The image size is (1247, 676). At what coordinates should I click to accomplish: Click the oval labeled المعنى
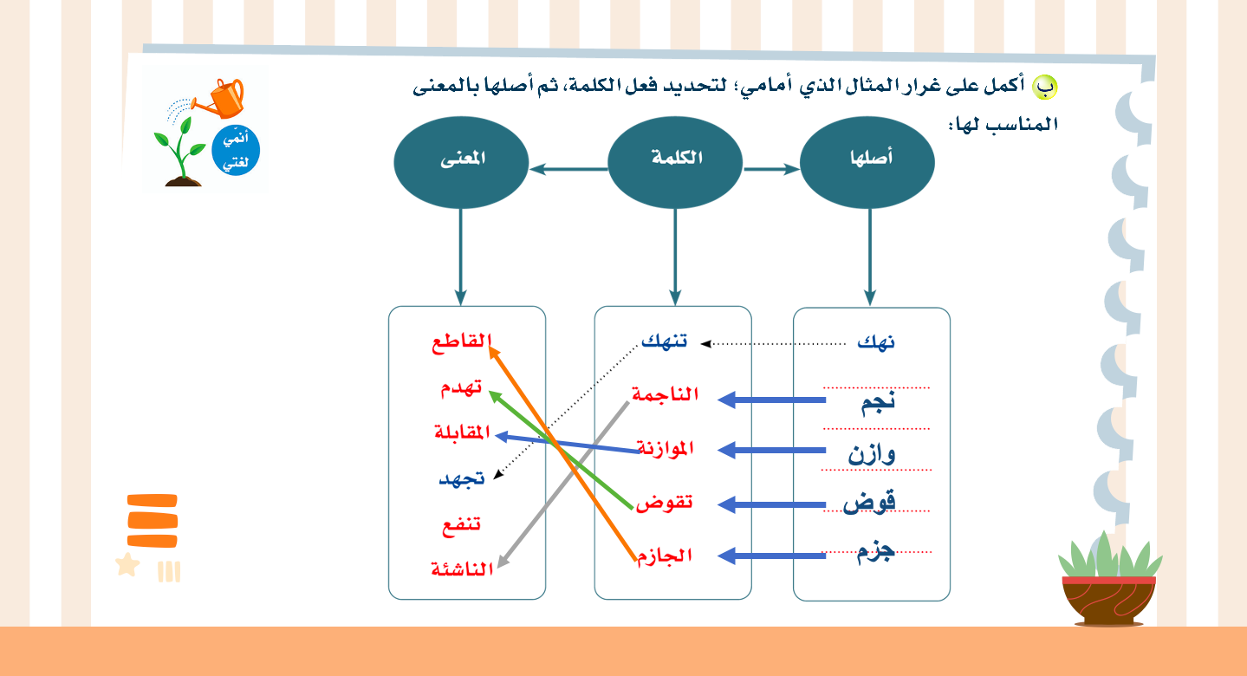(461, 162)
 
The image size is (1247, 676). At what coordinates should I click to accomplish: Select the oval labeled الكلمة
(675, 162)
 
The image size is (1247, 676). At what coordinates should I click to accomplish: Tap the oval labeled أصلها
(867, 162)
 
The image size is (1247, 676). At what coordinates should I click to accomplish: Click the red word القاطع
(462, 341)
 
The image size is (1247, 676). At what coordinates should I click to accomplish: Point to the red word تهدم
(461, 387)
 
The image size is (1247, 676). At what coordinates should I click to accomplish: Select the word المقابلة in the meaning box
(462, 432)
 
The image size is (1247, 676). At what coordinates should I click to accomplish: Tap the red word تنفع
(462, 524)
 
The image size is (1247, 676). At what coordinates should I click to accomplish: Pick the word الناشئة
(462, 569)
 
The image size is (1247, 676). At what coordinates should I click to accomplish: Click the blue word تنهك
(664, 341)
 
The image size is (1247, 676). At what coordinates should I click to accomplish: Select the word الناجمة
(665, 394)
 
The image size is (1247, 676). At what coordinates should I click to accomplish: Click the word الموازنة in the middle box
(666, 448)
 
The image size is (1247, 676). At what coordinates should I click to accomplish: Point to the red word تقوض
(664, 503)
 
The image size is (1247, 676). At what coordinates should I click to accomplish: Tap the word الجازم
(664, 556)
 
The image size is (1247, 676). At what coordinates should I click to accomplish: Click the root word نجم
(878, 403)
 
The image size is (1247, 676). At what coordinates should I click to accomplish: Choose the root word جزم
(876, 552)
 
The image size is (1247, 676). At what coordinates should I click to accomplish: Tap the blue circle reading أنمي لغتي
(236, 150)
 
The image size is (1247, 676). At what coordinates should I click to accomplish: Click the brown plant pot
(1109, 601)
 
